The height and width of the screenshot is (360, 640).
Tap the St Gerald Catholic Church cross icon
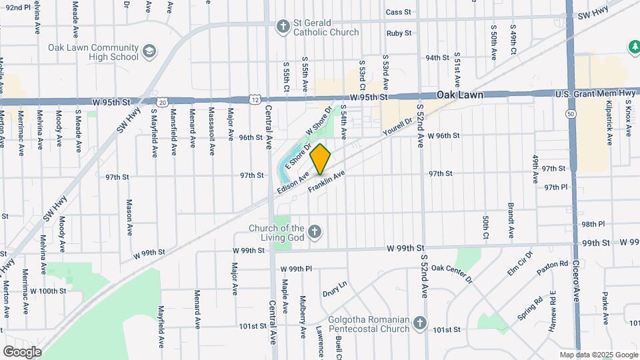[x=283, y=27]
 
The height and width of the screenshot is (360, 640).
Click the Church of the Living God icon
[x=315, y=233]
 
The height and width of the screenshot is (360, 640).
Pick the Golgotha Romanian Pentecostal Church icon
[x=419, y=323]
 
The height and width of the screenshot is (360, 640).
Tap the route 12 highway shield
[x=256, y=99]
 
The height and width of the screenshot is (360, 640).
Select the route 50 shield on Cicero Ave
[x=571, y=114]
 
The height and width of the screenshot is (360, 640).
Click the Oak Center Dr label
[x=451, y=273]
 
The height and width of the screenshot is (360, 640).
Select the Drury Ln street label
[x=335, y=289]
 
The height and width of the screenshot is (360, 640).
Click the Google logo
[x=22, y=351]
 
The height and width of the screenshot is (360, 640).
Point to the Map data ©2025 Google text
[x=598, y=355]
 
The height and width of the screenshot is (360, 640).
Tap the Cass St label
[x=398, y=12]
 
